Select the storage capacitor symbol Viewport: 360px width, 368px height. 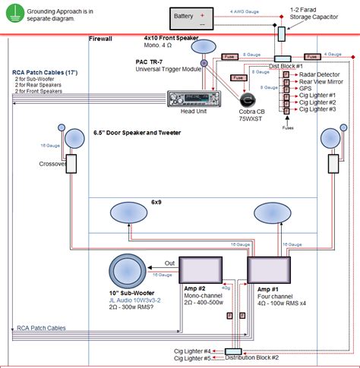(281, 34)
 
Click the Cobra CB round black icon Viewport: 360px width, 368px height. (248, 99)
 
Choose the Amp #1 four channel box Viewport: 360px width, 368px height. (269, 269)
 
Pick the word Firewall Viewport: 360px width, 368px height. (101, 38)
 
